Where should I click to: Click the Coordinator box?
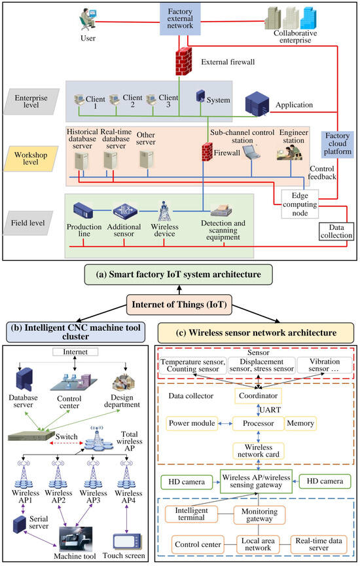(x=261, y=396)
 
